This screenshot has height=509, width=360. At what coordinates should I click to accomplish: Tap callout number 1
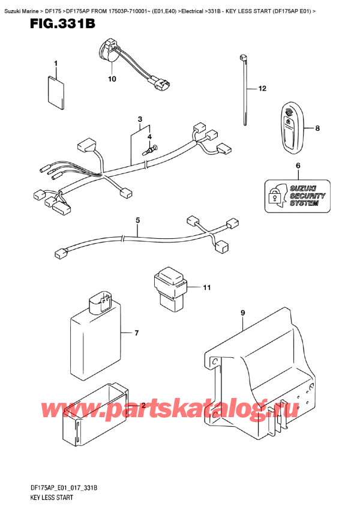click(x=55, y=64)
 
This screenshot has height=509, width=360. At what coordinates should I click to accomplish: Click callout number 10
click(x=111, y=79)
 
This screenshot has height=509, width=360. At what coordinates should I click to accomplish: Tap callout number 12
click(x=262, y=89)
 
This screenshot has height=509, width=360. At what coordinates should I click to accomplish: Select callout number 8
click(x=317, y=128)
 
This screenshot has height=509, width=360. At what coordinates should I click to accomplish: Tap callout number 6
click(x=297, y=165)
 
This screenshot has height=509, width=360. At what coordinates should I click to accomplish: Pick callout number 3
click(x=139, y=119)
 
